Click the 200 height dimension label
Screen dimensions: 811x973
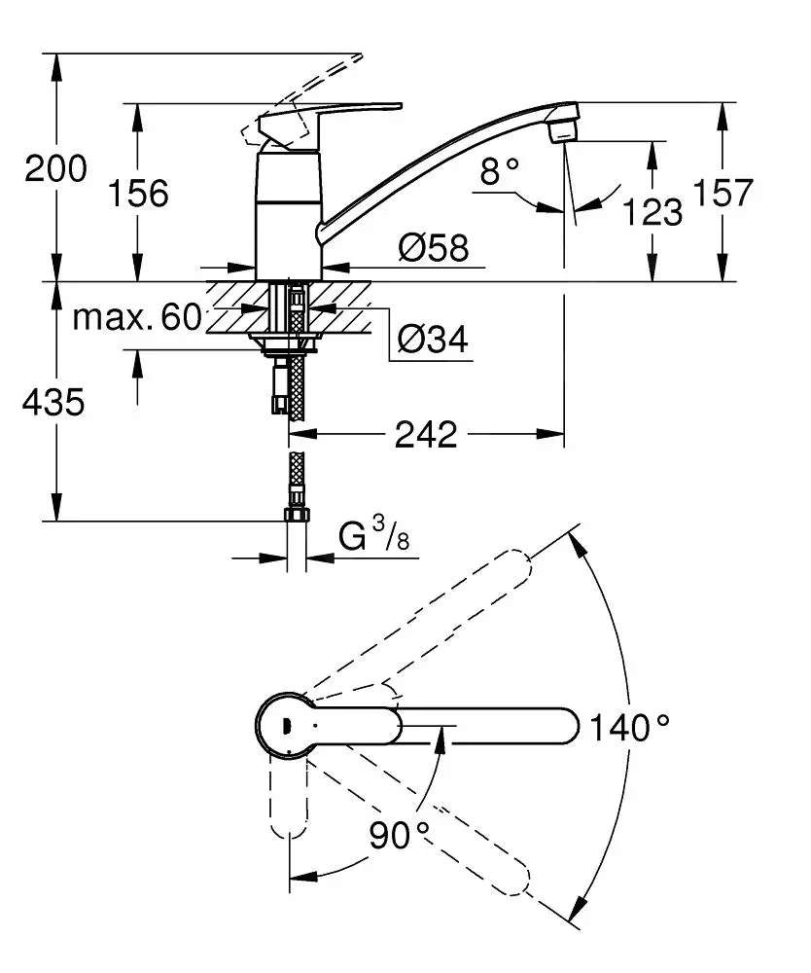coord(55,168)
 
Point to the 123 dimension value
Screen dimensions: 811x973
coord(652,211)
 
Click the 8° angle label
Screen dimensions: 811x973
coord(500,170)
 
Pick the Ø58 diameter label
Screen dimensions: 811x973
coord(434,248)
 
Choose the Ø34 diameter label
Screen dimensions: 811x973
coord(434,339)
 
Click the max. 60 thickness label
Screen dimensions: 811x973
coord(137,317)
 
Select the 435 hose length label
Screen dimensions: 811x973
coord(53,402)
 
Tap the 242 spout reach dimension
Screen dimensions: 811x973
coord(426,434)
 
